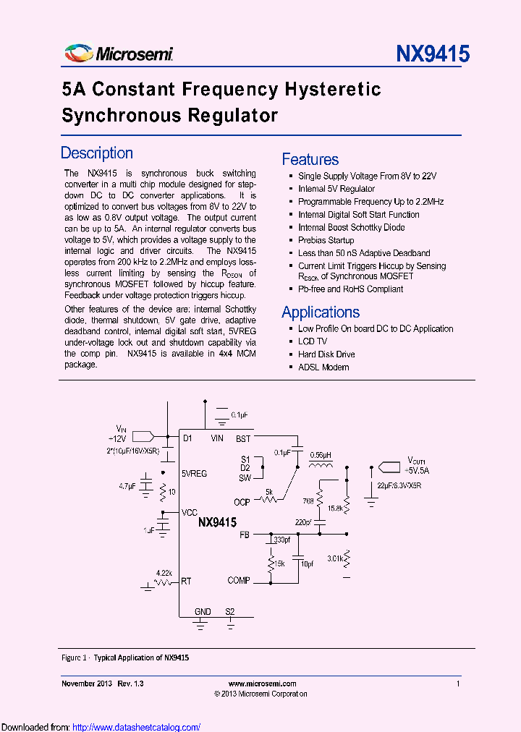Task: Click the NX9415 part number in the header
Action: pos(433,54)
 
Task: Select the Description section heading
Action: pos(97,153)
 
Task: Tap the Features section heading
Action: pos(310,160)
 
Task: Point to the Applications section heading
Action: pos(321,312)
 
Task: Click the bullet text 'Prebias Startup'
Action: pos(326,240)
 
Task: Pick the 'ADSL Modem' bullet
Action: pos(323,367)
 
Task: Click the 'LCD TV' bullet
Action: pos(313,341)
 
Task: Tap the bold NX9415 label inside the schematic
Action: pos(217,522)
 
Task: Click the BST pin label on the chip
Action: pos(243,438)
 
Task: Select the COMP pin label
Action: pos(239,580)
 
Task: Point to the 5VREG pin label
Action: pos(195,474)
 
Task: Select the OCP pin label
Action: pos(242,502)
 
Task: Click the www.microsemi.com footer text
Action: pos(262,684)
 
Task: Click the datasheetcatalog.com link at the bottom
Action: pos(137,727)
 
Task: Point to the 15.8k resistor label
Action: pos(335,508)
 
